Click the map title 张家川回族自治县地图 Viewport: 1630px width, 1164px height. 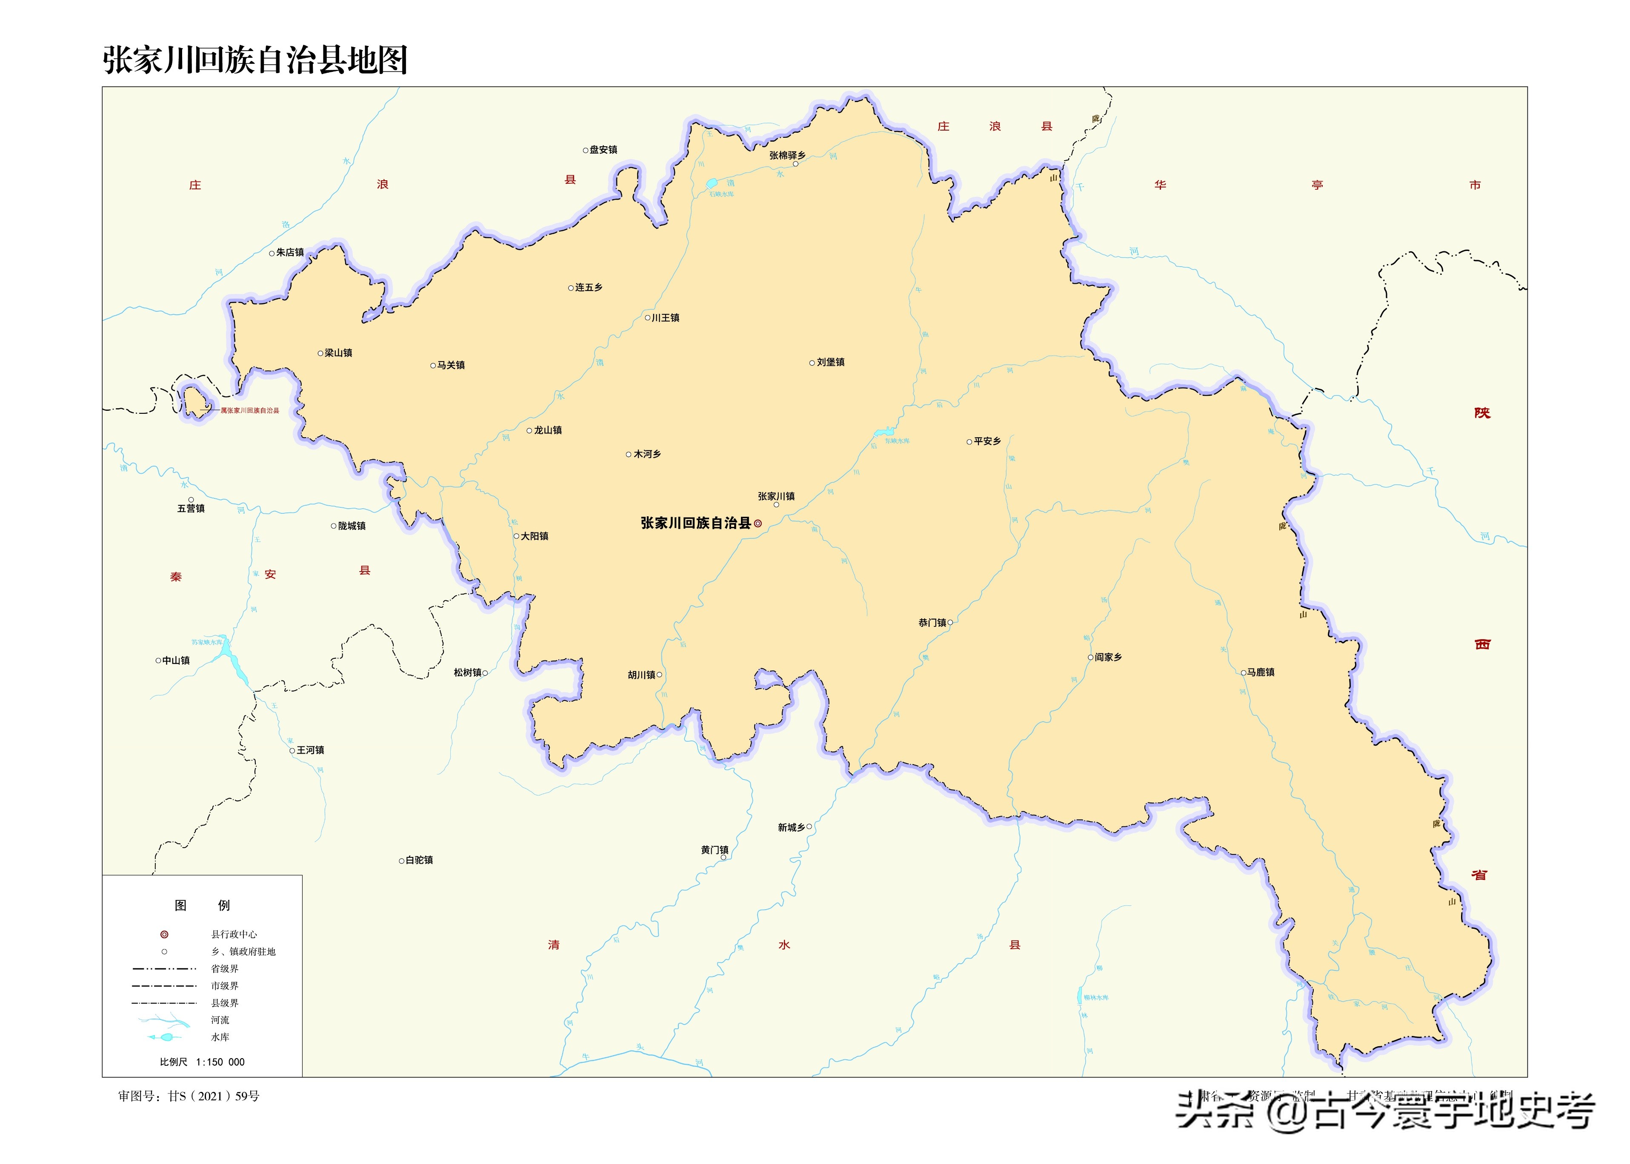(x=255, y=60)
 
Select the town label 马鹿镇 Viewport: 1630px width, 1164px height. (x=1260, y=672)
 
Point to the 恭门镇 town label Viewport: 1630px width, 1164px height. (x=932, y=623)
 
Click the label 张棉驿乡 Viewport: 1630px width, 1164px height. (x=786, y=156)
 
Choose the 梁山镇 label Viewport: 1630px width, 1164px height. (x=338, y=353)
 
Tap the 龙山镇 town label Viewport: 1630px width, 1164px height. (x=548, y=430)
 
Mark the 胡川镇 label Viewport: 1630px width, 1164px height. (x=642, y=675)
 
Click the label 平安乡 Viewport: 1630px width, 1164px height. (x=987, y=441)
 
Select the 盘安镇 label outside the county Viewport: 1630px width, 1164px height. (x=603, y=150)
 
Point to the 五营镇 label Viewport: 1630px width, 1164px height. (x=191, y=508)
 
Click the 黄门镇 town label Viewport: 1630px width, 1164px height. (x=714, y=850)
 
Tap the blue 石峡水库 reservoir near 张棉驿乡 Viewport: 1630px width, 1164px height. (x=712, y=183)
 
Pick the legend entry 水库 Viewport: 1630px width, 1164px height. (x=220, y=1037)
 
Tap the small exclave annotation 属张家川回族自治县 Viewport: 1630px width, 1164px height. (x=249, y=411)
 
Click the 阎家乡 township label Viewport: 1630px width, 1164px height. (x=1108, y=657)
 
